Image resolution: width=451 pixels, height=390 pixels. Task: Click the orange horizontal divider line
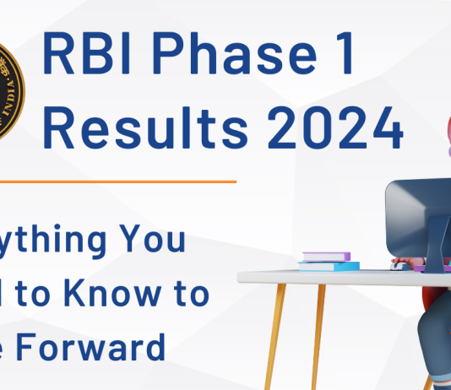pyautogui.click(x=118, y=181)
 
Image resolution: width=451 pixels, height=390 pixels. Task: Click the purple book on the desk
pyautogui.click(x=326, y=257)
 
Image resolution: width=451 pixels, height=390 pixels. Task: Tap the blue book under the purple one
pyautogui.click(x=327, y=265)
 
